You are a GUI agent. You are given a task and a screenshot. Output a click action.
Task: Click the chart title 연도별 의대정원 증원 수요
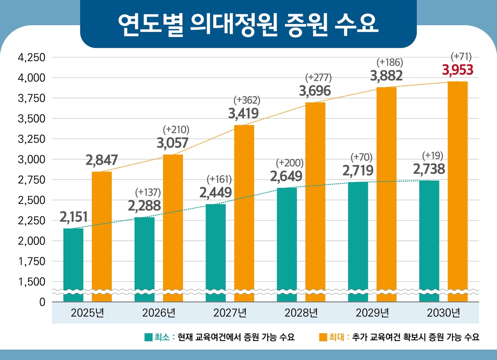(x=248, y=24)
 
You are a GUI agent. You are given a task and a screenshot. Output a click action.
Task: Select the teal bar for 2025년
(x=73, y=265)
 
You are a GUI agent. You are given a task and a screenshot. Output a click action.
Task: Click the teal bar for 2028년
(x=287, y=244)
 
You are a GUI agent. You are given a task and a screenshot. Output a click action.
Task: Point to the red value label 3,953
(x=457, y=70)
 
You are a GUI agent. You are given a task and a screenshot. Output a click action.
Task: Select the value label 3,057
(x=173, y=143)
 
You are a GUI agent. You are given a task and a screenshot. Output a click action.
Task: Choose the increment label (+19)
(x=432, y=156)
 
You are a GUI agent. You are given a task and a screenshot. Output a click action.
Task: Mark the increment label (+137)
(x=148, y=192)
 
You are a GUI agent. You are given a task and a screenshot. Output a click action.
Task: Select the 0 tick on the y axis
(x=42, y=302)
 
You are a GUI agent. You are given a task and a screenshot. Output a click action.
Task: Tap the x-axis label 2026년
(x=159, y=313)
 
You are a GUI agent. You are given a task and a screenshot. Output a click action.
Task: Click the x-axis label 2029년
(x=372, y=313)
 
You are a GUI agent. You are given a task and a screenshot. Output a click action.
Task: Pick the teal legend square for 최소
(x=148, y=337)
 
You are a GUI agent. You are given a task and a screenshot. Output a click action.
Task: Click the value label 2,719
(x=358, y=170)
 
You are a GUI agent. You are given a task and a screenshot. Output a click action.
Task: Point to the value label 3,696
(x=315, y=90)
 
